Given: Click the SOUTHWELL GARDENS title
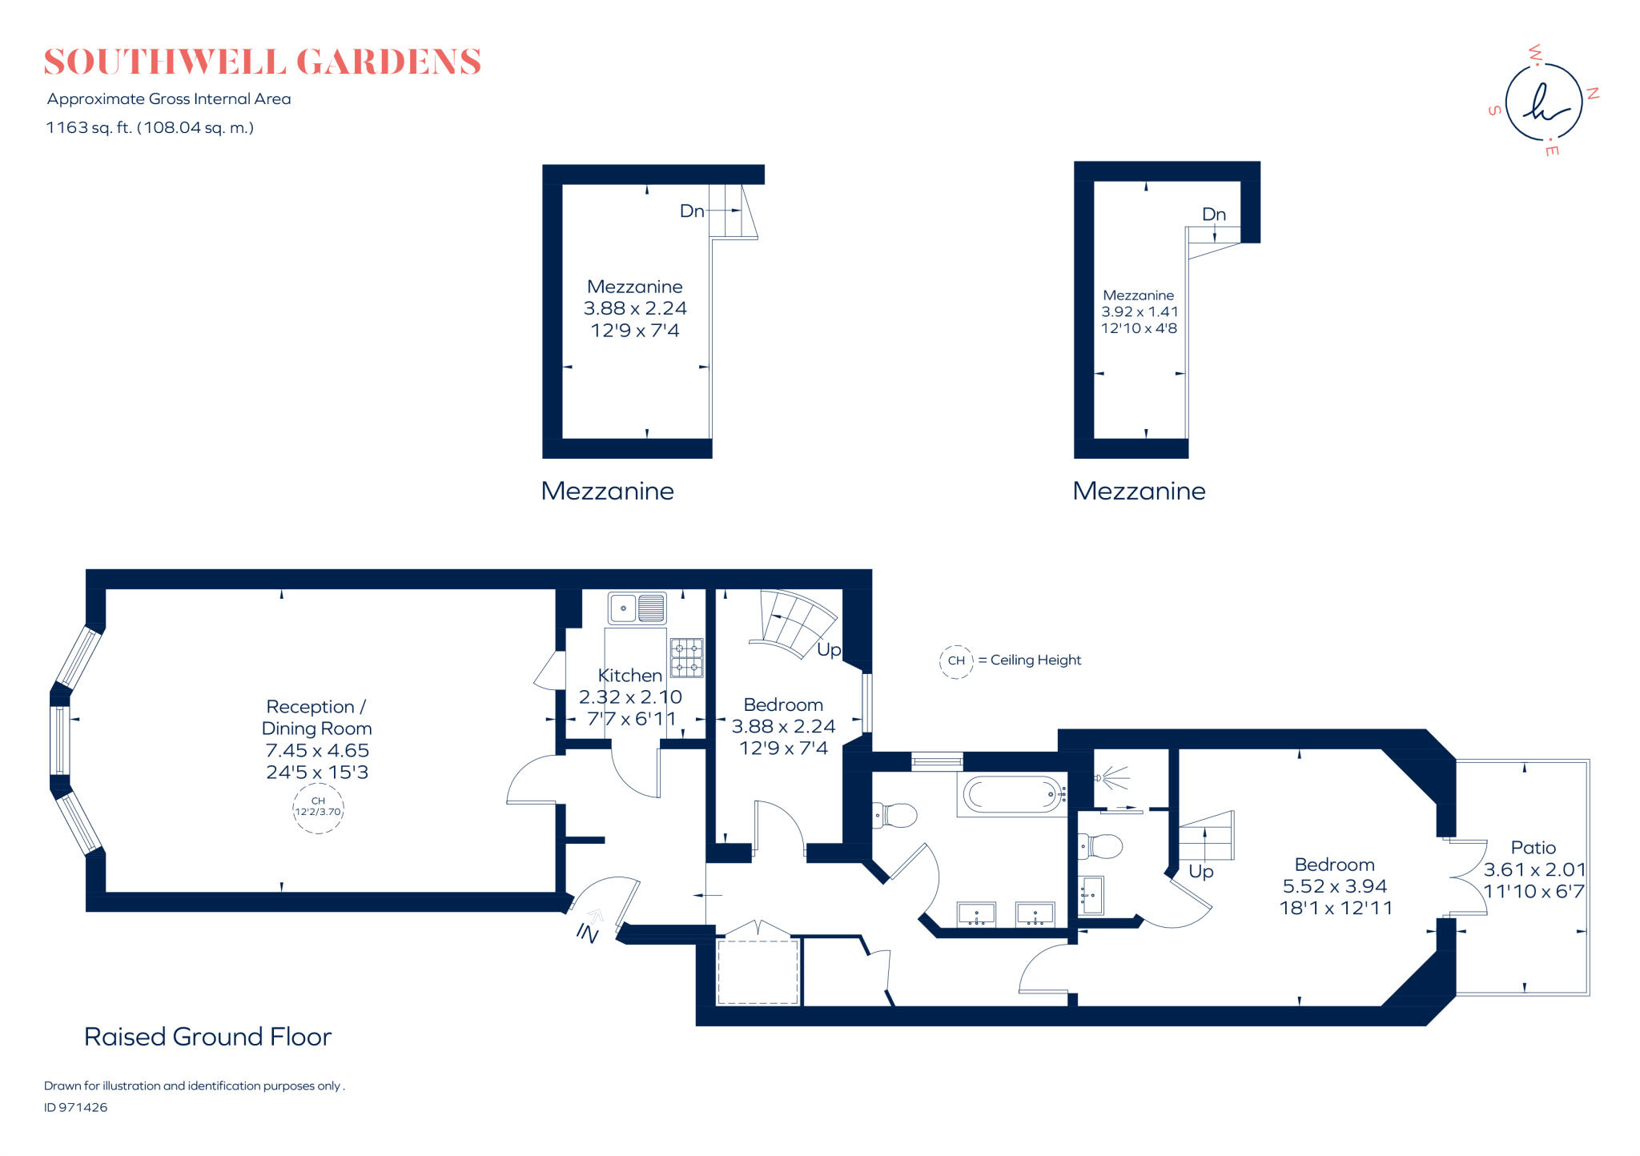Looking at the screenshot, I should pyautogui.click(x=262, y=62).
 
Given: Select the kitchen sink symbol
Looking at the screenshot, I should pyautogui.click(x=637, y=608).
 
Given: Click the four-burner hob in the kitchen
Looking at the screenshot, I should pyautogui.click(x=686, y=657).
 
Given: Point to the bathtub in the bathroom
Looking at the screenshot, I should pyautogui.click(x=1011, y=795).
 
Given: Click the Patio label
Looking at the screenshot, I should pyautogui.click(x=1533, y=847).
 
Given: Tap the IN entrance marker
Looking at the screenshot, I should pyautogui.click(x=588, y=932).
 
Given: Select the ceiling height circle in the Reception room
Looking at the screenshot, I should pyautogui.click(x=318, y=807).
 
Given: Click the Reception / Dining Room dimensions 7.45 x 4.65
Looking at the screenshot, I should pyautogui.click(x=317, y=750).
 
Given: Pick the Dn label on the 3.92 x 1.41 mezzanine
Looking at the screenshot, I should pyautogui.click(x=1213, y=214).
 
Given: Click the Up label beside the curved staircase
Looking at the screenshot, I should pyautogui.click(x=828, y=649).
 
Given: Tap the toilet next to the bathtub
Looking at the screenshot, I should pyautogui.click(x=896, y=816).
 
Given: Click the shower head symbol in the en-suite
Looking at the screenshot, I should pyautogui.click(x=1110, y=777).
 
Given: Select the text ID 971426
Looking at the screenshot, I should pyautogui.click(x=75, y=1107).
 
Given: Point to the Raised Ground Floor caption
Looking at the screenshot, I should pyautogui.click(x=207, y=1036).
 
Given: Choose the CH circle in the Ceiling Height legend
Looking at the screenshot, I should pyautogui.click(x=956, y=661).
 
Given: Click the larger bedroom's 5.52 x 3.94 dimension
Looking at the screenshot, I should pyautogui.click(x=1334, y=886).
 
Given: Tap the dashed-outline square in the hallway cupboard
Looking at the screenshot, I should pyautogui.click(x=758, y=971).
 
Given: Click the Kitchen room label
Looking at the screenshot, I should pyautogui.click(x=629, y=675).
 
